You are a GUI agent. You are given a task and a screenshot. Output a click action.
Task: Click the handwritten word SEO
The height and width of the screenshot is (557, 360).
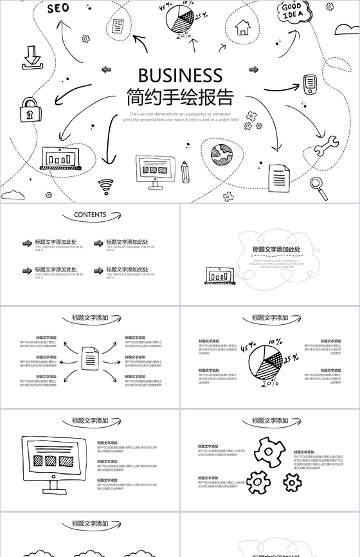pos(58,8)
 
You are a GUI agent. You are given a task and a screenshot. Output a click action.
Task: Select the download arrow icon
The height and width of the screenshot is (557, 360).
pos(31,57)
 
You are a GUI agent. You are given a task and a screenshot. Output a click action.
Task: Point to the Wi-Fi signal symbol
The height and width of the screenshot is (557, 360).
pos(106,187)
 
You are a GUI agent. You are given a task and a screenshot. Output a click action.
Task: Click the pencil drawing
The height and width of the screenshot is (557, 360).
pos(185,171)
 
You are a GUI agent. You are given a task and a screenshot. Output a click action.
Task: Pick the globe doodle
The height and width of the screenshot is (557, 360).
pos(222,154)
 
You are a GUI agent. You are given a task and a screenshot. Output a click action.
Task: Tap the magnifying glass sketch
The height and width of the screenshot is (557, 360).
pos(318,184)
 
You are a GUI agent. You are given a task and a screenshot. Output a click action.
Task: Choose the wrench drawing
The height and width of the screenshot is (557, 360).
pos(325,145)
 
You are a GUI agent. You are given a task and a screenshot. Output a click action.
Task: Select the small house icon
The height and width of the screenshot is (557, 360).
pos(242,27)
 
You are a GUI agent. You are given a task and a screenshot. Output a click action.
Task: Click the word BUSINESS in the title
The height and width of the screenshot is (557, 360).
pos(180,75)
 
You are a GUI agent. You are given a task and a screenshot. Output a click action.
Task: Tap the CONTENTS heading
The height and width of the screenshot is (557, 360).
pos(90,215)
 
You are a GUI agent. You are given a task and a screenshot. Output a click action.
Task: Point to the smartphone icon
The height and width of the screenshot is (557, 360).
pos(310,84)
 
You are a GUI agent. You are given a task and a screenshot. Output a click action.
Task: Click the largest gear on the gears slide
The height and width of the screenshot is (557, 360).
pos(269,452)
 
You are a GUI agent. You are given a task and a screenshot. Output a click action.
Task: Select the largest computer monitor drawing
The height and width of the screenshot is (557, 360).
pos(54,461)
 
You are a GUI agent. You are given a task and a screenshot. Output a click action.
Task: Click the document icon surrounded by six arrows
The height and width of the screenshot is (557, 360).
pos(90,358)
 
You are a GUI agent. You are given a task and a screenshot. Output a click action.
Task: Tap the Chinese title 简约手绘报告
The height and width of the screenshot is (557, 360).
pos(180,97)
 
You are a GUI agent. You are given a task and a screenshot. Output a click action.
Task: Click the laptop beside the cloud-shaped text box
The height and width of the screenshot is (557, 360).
pos(220,275)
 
